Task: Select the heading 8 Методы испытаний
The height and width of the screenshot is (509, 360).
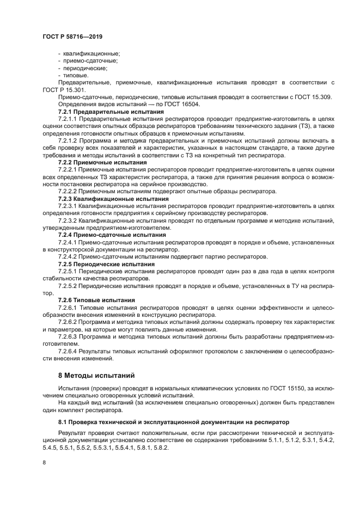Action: pyautogui.click(x=96, y=376)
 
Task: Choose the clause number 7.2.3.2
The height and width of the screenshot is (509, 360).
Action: pyautogui.click(x=67, y=221)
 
